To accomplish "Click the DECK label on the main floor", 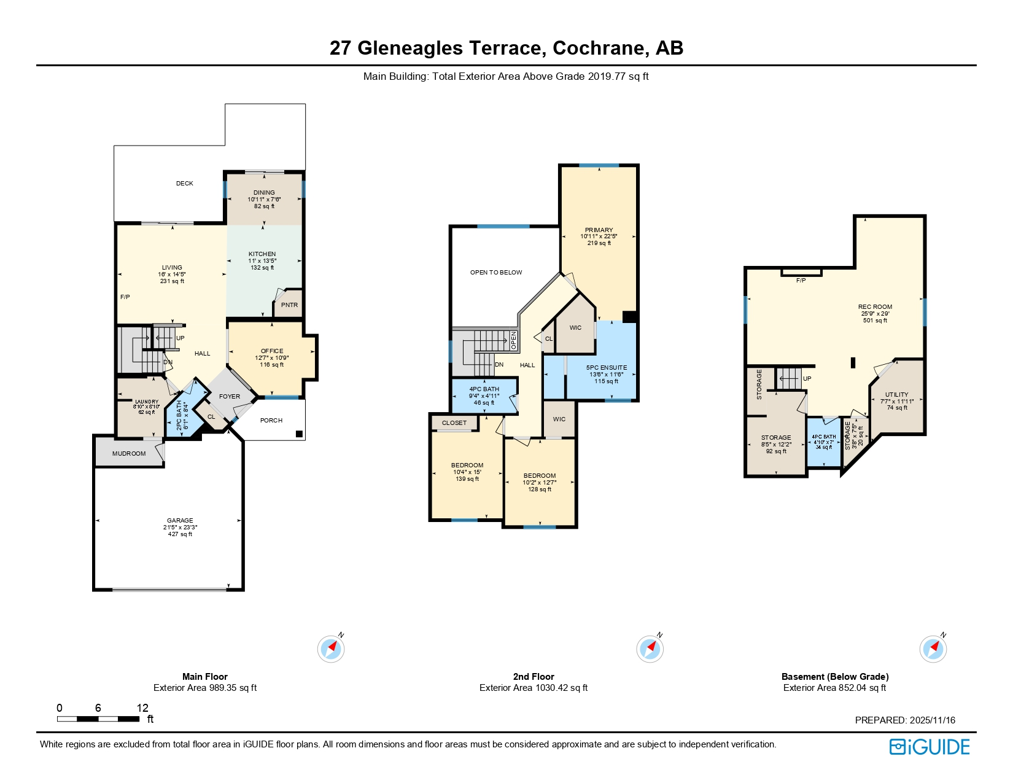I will click(184, 184).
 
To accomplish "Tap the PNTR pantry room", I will click(289, 305).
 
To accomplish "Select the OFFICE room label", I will click(272, 351).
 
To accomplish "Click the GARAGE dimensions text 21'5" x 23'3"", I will click(180, 528).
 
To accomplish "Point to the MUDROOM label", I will click(129, 454).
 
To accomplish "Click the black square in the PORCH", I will click(299, 434).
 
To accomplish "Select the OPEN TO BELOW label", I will click(496, 273).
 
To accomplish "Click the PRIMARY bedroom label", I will click(599, 230).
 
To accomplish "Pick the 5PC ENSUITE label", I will click(607, 368).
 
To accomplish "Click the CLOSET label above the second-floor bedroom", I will click(454, 423).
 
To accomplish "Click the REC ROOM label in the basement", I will click(875, 307).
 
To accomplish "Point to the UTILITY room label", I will click(896, 395).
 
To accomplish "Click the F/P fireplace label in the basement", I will click(801, 281).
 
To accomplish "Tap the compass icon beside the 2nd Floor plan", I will click(650, 649).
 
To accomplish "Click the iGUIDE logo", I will click(930, 747).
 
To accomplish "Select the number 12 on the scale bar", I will click(142, 708).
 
